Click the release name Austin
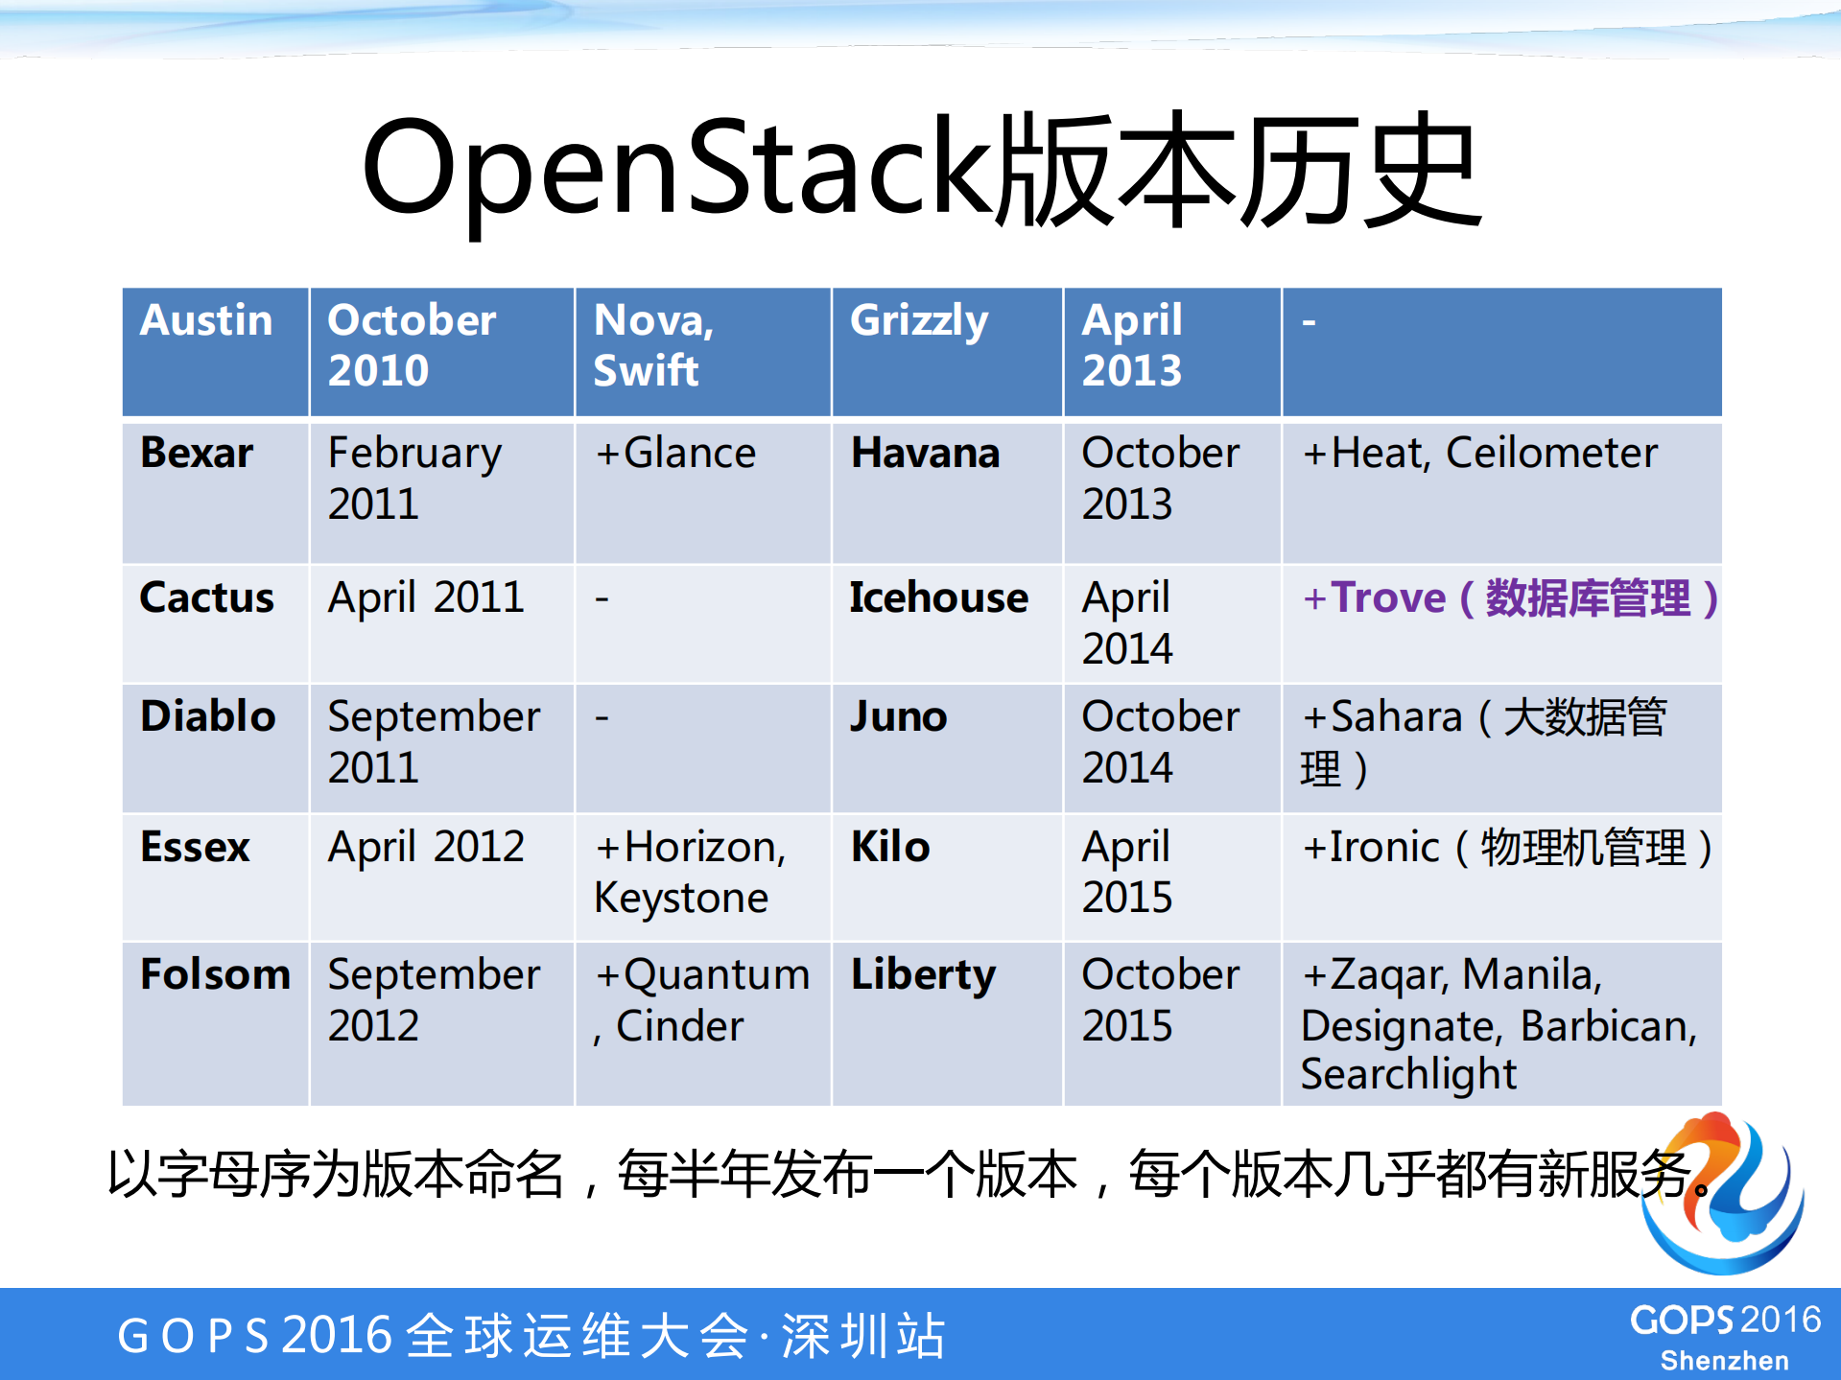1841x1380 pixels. pyautogui.click(x=206, y=320)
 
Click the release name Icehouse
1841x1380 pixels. pyautogui.click(x=938, y=597)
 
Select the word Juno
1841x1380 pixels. pyautogui.click(x=899, y=716)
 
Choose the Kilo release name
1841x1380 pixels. pyautogui.click(x=890, y=847)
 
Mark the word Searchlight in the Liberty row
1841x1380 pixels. pyautogui.click(x=1408, y=1074)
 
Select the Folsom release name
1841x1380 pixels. pyautogui.click(x=215, y=974)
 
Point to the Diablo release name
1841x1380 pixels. pyautogui.click(x=208, y=716)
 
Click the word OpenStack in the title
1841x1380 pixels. pyautogui.click(x=677, y=168)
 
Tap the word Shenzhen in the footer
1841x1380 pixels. pyautogui.click(x=1724, y=1361)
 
